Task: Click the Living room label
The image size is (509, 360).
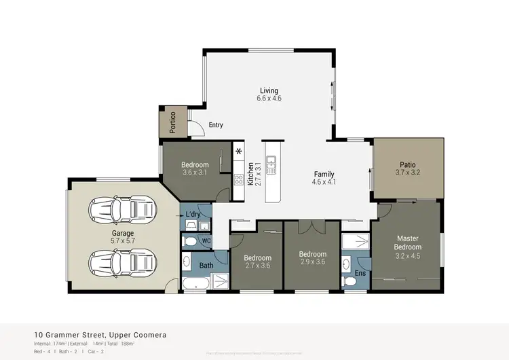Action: (269, 91)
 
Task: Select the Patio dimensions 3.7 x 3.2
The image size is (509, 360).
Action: (407, 173)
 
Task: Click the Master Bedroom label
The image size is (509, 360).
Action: (408, 242)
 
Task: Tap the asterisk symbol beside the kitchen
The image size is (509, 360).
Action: (238, 151)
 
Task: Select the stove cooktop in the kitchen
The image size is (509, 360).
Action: (239, 181)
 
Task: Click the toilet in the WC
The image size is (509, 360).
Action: (191, 241)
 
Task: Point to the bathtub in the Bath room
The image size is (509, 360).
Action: (198, 284)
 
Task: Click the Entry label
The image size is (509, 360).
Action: (216, 125)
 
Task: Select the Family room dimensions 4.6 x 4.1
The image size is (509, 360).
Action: (323, 182)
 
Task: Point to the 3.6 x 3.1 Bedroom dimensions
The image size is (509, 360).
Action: (195, 173)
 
